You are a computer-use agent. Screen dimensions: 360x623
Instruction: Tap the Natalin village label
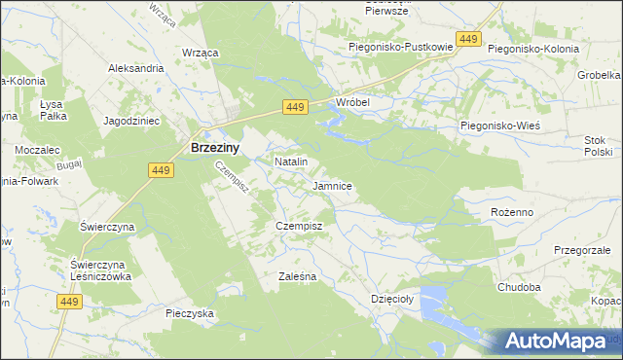click(291, 161)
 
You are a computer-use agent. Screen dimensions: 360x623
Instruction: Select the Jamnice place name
click(332, 185)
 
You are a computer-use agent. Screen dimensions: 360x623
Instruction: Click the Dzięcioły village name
click(393, 299)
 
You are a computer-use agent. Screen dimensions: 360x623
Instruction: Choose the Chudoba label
click(518, 287)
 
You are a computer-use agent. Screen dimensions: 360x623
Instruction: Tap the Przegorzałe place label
click(582, 249)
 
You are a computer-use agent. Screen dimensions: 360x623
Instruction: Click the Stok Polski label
click(597, 146)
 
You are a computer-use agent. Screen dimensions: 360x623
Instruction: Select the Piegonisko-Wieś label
click(499, 126)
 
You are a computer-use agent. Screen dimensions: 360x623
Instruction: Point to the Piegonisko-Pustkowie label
click(402, 47)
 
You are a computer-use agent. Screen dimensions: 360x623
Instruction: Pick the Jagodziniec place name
click(131, 121)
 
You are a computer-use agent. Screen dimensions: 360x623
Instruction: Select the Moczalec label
click(38, 151)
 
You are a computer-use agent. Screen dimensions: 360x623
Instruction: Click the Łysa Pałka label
click(53, 109)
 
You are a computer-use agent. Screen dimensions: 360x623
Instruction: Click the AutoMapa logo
click(556, 342)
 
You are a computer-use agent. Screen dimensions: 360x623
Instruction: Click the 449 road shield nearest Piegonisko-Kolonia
click(468, 39)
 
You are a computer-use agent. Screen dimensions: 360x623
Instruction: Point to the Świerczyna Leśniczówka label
click(100, 270)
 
